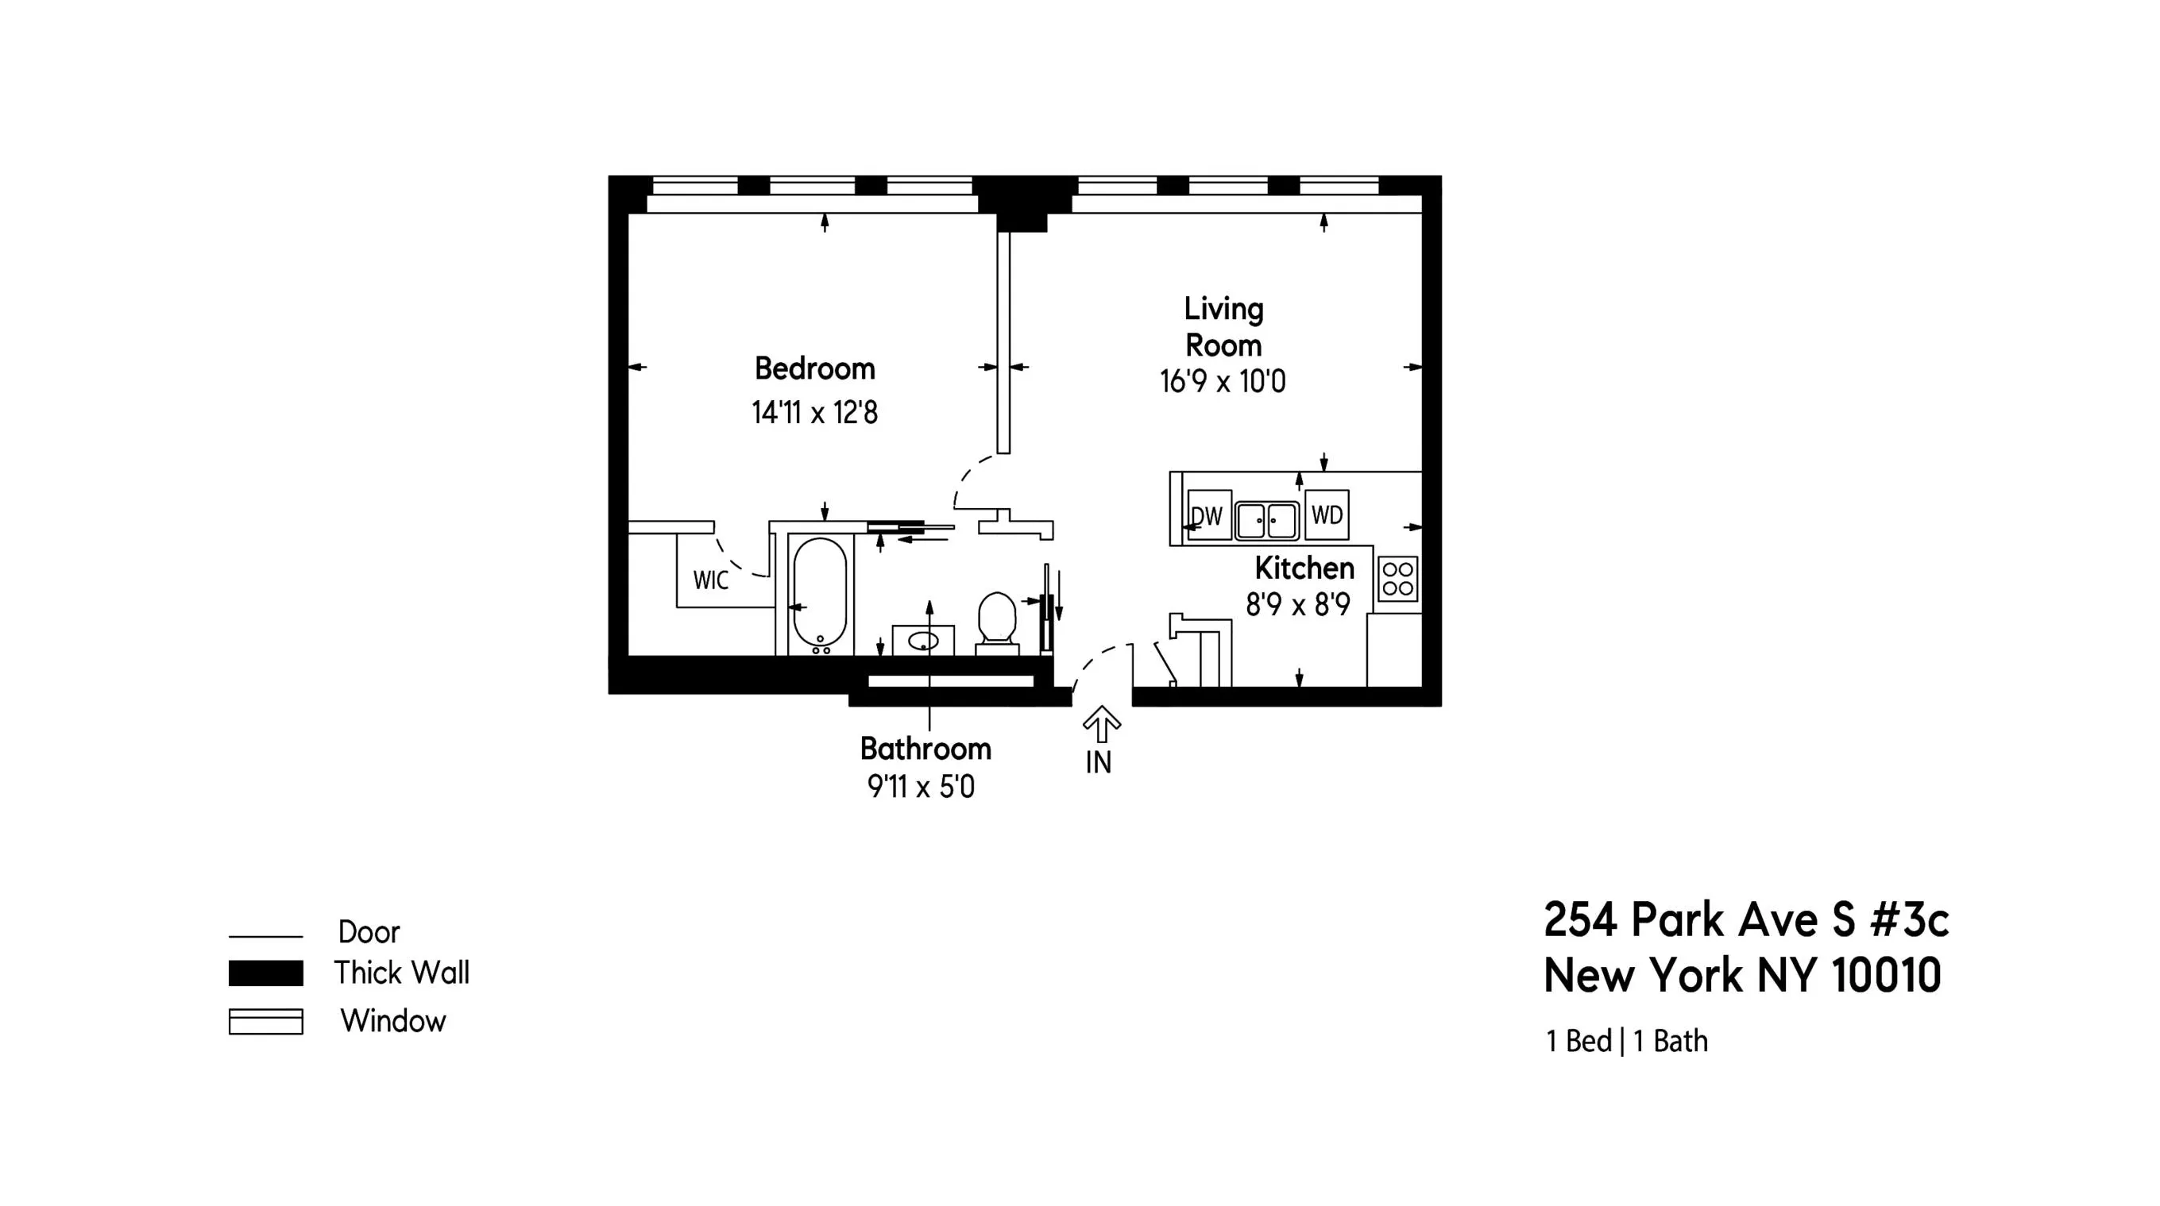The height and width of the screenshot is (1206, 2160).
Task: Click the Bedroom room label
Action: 814,368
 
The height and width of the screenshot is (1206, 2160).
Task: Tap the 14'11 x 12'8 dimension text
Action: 814,413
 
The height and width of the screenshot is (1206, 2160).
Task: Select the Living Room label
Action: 1223,327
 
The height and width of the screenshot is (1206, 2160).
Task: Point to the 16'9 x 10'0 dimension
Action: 1223,382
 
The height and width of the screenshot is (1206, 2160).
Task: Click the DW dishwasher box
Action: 1209,515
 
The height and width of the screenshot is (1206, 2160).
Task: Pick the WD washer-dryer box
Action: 1327,514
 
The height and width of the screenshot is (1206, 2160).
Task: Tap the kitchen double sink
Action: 1266,519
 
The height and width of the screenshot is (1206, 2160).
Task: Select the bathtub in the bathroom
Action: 819,593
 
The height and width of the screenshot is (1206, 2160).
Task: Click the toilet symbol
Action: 997,620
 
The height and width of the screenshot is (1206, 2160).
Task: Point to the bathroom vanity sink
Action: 923,642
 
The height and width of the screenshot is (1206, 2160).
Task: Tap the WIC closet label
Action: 710,580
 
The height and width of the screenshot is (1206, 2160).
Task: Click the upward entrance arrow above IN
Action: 1101,723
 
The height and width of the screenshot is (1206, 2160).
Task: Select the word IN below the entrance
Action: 1099,763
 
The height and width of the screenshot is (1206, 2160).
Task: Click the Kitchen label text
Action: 1304,569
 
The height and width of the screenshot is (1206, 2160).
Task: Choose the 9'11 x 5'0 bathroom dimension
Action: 921,787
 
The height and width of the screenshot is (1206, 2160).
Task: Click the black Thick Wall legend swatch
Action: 266,973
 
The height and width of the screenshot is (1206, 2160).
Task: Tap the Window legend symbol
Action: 266,1022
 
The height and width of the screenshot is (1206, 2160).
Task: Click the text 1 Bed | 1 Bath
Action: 1626,1042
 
